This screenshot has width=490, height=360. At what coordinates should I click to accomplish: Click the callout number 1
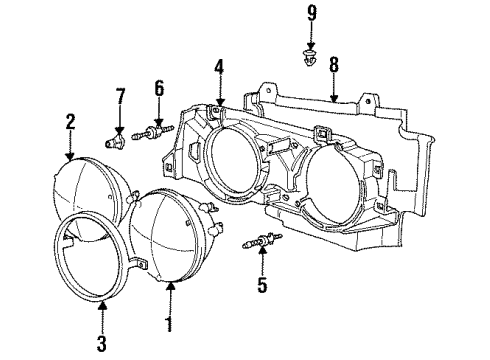click(168, 325)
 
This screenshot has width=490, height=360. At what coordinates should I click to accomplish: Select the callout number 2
click(71, 121)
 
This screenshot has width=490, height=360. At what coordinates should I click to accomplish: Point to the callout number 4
click(218, 69)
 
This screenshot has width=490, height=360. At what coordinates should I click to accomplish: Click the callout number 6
click(157, 88)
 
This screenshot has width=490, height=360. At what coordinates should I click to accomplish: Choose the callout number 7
click(120, 96)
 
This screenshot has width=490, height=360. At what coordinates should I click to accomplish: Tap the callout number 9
click(311, 13)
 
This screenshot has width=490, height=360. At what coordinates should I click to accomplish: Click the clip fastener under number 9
click(311, 59)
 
